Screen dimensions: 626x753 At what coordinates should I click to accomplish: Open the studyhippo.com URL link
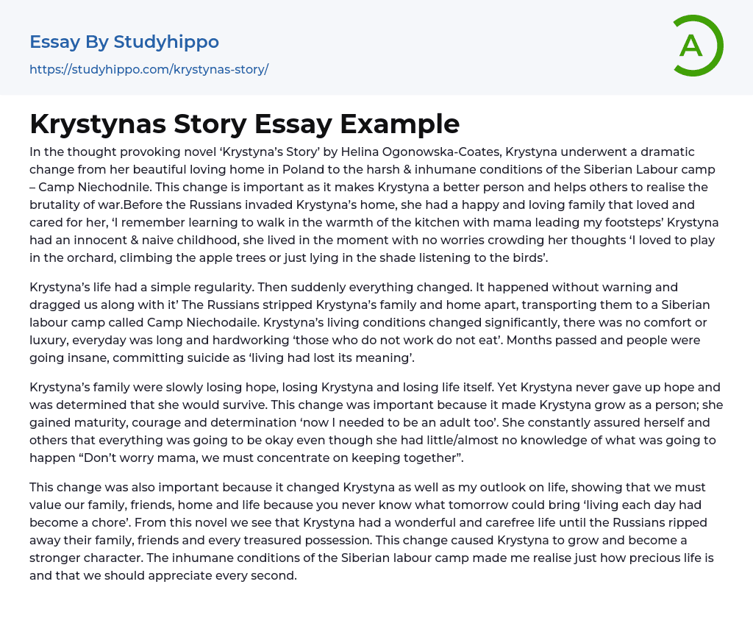[x=149, y=70]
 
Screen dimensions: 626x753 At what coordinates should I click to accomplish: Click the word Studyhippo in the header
[x=166, y=42]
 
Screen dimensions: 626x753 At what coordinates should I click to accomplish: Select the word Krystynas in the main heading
[x=97, y=124]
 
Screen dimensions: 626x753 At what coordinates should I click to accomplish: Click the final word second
[x=274, y=576]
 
